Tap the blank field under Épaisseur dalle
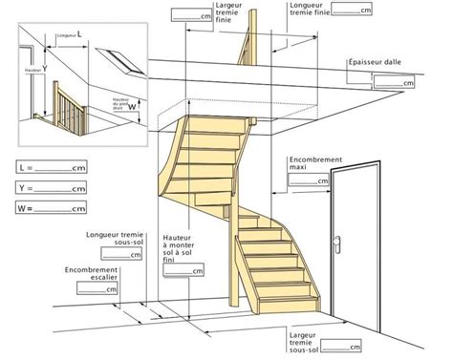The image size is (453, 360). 392,84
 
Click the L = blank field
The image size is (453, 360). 58,168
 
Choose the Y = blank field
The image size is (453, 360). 58,188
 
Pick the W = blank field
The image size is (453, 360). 58,208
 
